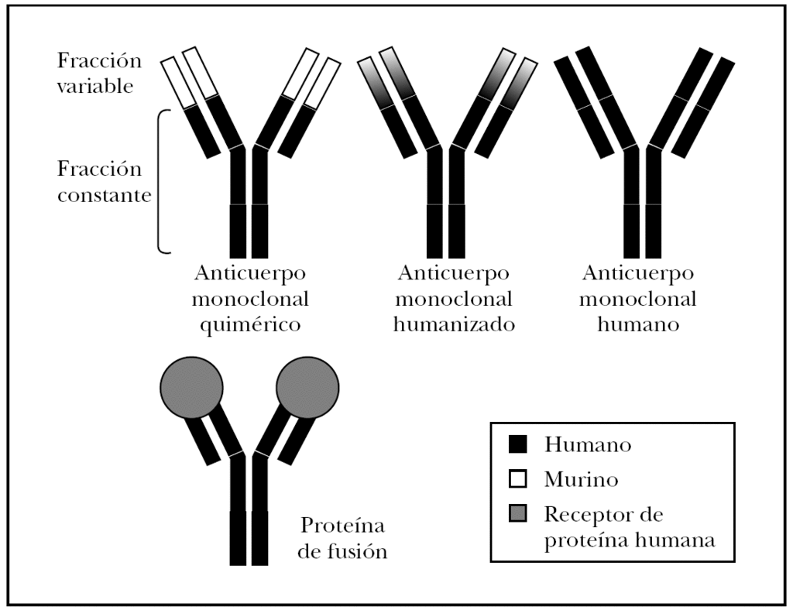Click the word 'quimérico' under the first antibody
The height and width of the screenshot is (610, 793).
(250, 324)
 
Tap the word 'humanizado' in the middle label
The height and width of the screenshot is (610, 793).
(454, 324)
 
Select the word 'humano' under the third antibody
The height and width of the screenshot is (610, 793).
(639, 324)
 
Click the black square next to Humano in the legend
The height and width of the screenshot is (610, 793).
(518, 444)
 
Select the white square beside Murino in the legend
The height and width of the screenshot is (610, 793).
(518, 479)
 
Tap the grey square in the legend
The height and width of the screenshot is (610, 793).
(518, 514)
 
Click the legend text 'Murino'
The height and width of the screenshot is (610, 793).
(581, 480)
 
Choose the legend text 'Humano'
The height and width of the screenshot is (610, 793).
(588, 445)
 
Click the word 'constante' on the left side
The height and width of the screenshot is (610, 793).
(104, 195)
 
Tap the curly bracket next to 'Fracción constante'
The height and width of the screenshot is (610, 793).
(161, 182)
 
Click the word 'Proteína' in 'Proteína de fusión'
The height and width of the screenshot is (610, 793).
(342, 527)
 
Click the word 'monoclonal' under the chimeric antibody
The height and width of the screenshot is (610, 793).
(250, 299)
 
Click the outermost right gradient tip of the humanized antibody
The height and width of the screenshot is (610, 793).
(525, 83)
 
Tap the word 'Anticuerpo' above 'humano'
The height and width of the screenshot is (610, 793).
(639, 273)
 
